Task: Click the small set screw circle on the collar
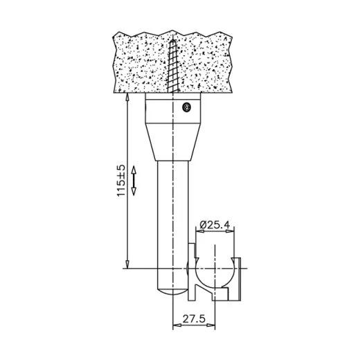click(x=185, y=107)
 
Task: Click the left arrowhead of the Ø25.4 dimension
click(x=198, y=233)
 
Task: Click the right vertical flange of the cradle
click(x=238, y=280)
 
